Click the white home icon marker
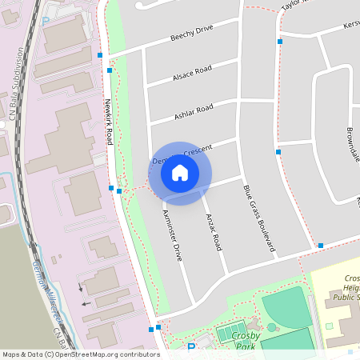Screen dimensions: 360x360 point(180,172)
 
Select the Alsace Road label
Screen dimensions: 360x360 point(192,74)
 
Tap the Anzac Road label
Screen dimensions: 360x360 point(213,233)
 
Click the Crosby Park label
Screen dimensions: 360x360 point(239,342)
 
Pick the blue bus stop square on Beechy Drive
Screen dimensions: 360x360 point(100,55)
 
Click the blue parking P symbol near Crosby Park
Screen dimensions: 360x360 point(190,347)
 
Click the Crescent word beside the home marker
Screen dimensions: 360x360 point(198,150)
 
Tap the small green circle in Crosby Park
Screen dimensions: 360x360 point(272,327)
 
